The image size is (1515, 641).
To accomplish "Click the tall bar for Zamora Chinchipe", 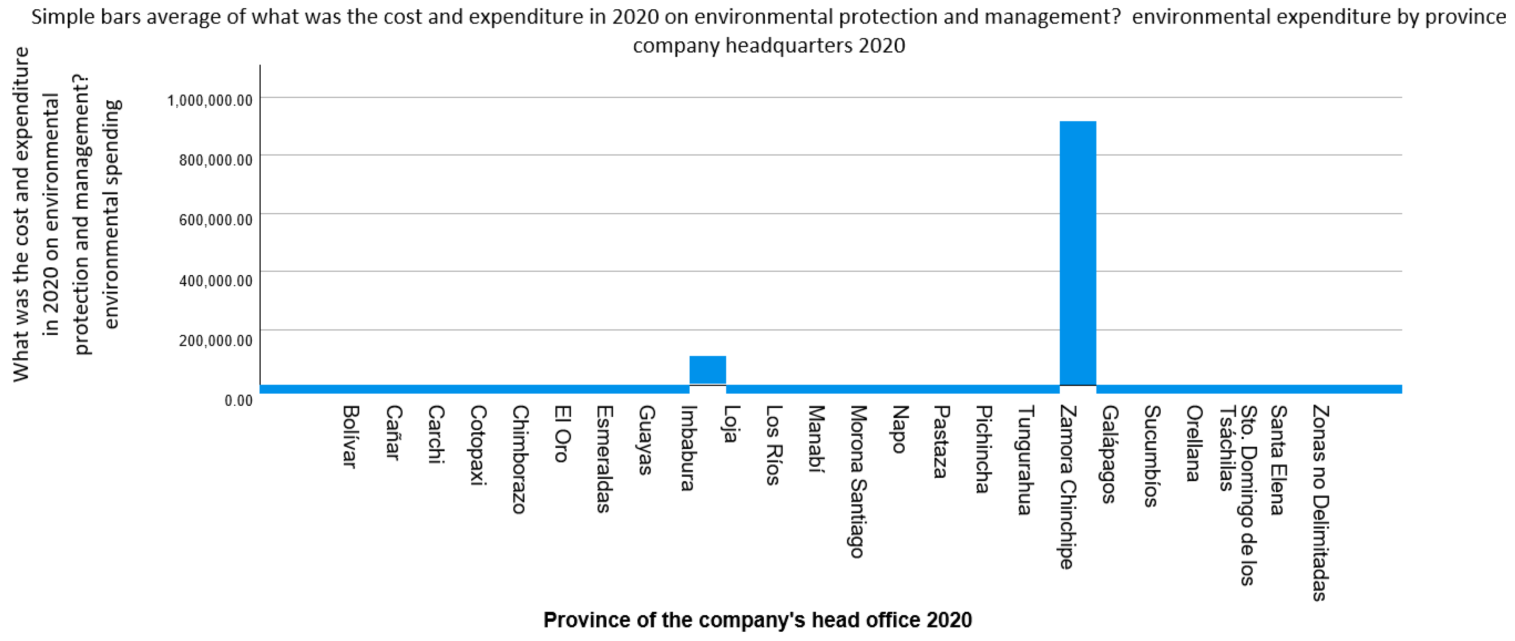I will (1078, 253).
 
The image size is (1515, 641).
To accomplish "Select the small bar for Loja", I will (707, 369).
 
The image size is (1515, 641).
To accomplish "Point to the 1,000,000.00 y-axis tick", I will (210, 100).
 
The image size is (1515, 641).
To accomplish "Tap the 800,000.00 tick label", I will (215, 160).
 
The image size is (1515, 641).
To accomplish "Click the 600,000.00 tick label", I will (215, 220).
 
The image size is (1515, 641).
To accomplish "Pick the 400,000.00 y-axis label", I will (215, 280).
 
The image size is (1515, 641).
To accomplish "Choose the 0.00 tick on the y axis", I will (238, 400).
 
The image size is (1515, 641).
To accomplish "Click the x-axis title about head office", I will (757, 620).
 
